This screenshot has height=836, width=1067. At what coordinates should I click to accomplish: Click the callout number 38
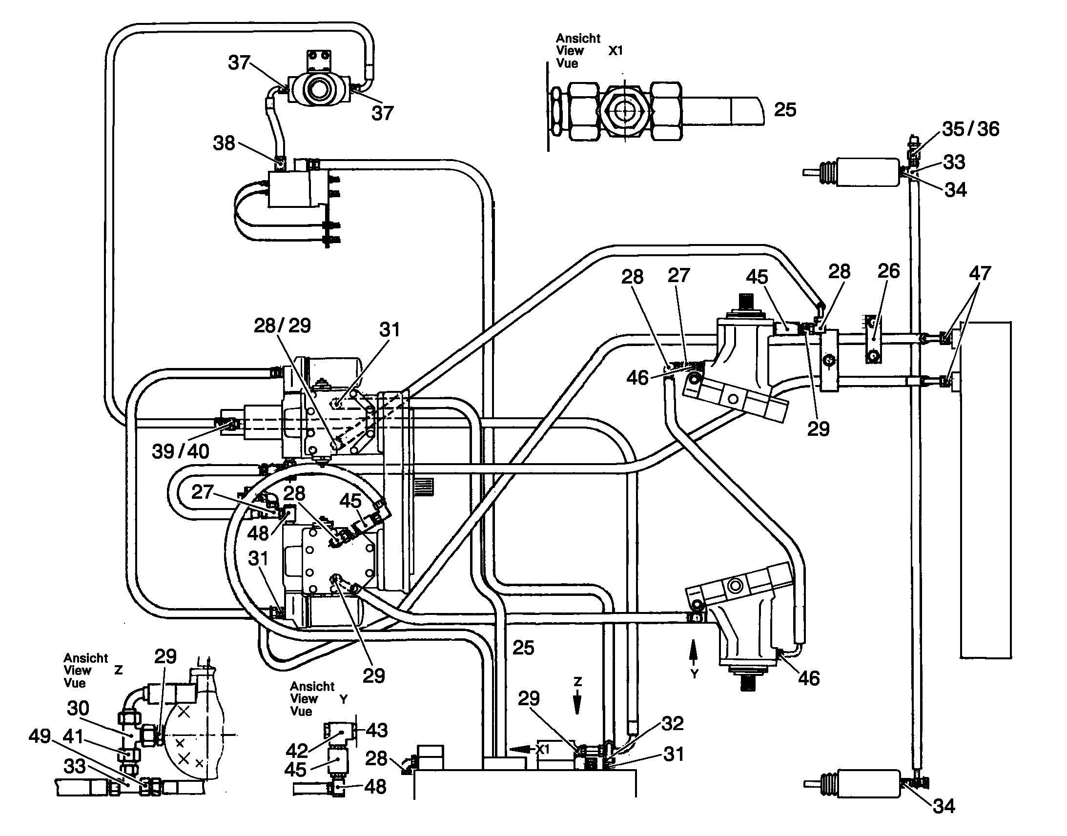224,143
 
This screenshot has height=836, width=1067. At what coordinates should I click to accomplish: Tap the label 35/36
970,129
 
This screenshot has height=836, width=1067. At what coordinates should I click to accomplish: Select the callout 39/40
181,451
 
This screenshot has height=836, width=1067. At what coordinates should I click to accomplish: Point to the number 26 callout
889,271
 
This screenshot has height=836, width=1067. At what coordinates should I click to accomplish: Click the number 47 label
980,273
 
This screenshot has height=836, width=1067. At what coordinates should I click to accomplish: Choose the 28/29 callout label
283,326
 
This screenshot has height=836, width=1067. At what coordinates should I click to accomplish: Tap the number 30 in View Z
78,708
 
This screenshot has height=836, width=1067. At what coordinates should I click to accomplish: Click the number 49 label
40,735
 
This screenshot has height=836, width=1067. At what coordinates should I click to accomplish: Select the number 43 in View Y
376,730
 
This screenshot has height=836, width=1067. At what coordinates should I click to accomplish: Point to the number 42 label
297,750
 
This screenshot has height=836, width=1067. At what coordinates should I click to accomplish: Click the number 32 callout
672,723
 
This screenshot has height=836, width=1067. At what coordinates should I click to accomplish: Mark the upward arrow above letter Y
693,652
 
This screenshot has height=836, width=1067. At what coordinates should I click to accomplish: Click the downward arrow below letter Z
577,702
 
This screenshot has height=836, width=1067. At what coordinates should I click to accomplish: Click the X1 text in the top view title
615,50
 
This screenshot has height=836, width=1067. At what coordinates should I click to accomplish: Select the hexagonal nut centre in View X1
624,111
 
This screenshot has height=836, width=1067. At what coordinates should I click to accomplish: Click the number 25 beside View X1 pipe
785,110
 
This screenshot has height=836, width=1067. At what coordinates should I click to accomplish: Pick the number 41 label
73,736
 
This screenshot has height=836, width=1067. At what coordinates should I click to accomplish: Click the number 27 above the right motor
679,275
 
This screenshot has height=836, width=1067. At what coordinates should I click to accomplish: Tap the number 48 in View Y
375,787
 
